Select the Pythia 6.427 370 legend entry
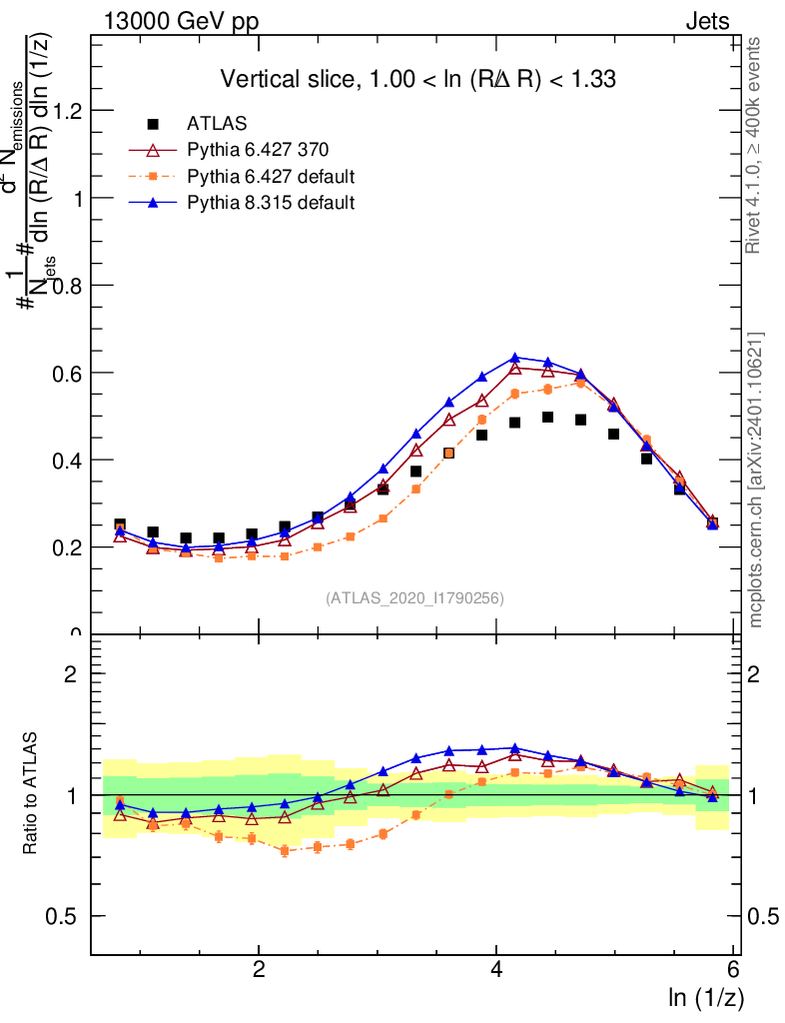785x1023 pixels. [x=258, y=151]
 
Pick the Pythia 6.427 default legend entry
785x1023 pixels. [x=271, y=177]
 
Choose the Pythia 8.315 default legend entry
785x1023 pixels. [x=271, y=203]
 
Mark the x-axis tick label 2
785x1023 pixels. [x=259, y=970]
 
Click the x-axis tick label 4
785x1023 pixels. [x=496, y=970]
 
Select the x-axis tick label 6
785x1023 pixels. [x=734, y=970]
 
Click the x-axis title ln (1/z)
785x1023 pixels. [x=704, y=997]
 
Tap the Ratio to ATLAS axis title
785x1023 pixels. [x=31, y=794]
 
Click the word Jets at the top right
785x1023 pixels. [x=707, y=20]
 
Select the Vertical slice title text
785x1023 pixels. [x=417, y=79]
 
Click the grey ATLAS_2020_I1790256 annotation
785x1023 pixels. [x=413, y=598]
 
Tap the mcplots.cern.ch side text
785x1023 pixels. [x=756, y=480]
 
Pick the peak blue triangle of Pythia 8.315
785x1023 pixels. [x=514, y=358]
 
